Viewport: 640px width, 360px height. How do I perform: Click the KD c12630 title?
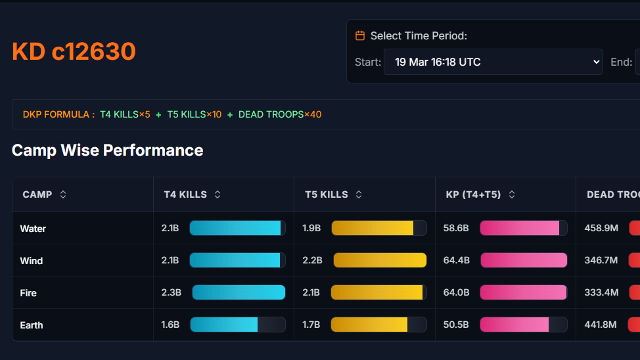point(74,51)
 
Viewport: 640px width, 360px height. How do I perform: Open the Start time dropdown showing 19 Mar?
point(493,62)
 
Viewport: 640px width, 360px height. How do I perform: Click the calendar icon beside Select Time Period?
point(359,35)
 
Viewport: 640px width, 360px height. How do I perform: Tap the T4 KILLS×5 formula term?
point(125,114)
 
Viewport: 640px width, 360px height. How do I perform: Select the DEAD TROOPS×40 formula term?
point(280,114)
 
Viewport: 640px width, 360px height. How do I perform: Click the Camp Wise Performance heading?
point(107,150)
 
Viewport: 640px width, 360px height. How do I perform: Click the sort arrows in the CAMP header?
point(63,194)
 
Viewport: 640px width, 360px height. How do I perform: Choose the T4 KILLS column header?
point(185,194)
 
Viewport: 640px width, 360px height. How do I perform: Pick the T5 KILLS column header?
point(327,194)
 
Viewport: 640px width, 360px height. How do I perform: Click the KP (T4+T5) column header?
point(473,194)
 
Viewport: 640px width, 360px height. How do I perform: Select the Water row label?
point(33,229)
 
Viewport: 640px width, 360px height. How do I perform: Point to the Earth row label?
point(32,325)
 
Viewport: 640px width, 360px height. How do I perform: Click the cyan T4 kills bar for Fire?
point(239,292)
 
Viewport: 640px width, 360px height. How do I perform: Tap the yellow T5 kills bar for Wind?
point(380,260)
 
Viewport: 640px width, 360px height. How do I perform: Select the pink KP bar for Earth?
point(514,325)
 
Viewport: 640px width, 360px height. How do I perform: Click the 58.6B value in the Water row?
point(456,229)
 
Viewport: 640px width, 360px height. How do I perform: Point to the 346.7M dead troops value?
point(601,260)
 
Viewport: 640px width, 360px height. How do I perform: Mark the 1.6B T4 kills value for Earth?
point(170,325)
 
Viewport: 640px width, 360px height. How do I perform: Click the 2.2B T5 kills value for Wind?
point(312,260)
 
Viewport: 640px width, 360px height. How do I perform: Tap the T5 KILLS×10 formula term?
point(194,114)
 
